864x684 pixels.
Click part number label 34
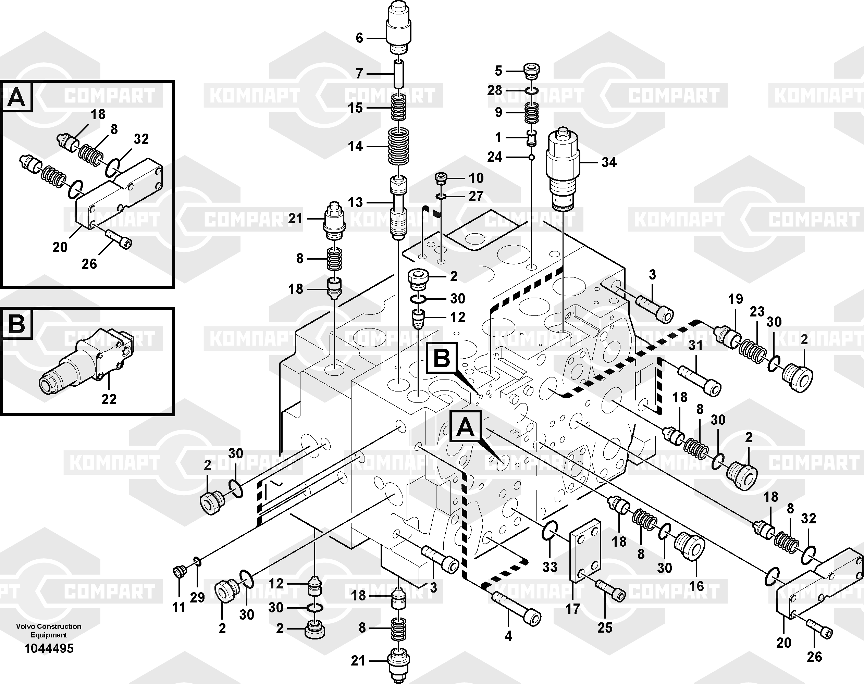tap(609, 162)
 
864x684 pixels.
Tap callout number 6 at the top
tap(359, 38)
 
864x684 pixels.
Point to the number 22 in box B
tap(109, 399)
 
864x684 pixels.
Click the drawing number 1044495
tap(49, 648)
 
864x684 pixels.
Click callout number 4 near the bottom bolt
tap(508, 636)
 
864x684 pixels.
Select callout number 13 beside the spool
tap(355, 203)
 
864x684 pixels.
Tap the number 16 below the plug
tap(696, 586)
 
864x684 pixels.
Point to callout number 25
tap(605, 627)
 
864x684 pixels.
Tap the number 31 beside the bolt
tap(695, 345)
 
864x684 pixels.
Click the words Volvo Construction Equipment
tap(49, 630)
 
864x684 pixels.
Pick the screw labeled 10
tap(441, 178)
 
